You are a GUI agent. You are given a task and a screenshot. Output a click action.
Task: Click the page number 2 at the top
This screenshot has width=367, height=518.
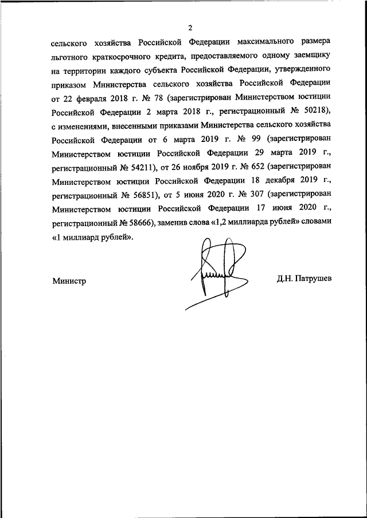coord(190,27)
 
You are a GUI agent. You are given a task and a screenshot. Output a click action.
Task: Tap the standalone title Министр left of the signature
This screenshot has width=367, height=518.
coord(69,280)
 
